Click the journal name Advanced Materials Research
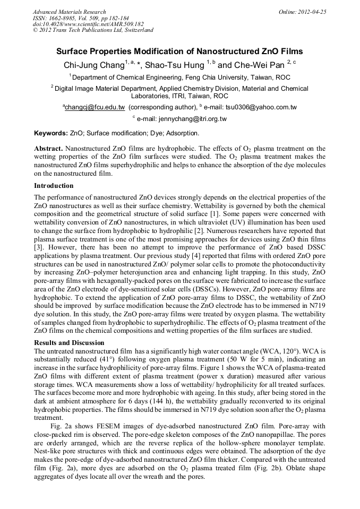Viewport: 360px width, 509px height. [x=69, y=12]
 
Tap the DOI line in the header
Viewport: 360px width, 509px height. [x=88, y=24]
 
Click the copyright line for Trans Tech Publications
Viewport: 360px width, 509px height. [x=93, y=30]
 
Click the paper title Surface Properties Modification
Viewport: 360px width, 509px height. [x=180, y=52]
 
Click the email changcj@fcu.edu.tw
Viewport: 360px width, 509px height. [x=95, y=107]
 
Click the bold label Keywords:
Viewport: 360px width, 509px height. [x=51, y=133]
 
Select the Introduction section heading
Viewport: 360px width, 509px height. [x=54, y=186]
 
